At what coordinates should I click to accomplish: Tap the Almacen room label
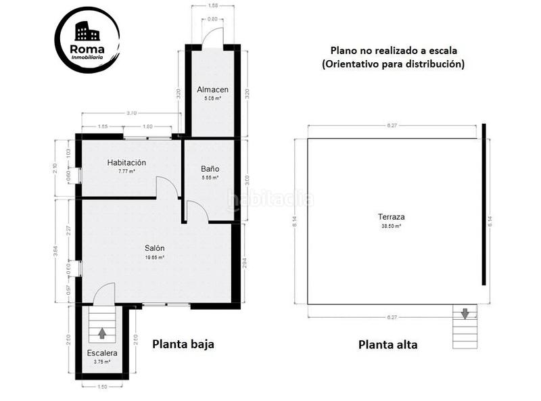[x=212, y=90]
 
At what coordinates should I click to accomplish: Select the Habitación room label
[x=126, y=163]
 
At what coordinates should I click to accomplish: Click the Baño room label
[x=210, y=168]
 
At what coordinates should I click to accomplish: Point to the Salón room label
[x=154, y=248]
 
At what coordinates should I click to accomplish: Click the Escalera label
[x=101, y=353]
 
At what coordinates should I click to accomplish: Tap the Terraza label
[x=392, y=217]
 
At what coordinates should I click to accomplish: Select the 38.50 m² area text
[x=392, y=227]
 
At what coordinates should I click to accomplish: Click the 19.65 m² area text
[x=154, y=258]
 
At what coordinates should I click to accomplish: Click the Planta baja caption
[x=183, y=344]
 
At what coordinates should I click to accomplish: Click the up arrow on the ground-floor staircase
[x=102, y=333]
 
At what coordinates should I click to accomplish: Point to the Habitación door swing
[x=166, y=187]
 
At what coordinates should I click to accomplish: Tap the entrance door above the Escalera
[x=104, y=295]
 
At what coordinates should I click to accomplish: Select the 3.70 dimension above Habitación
[x=131, y=113]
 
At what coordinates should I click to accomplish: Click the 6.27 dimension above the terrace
[x=392, y=126]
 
